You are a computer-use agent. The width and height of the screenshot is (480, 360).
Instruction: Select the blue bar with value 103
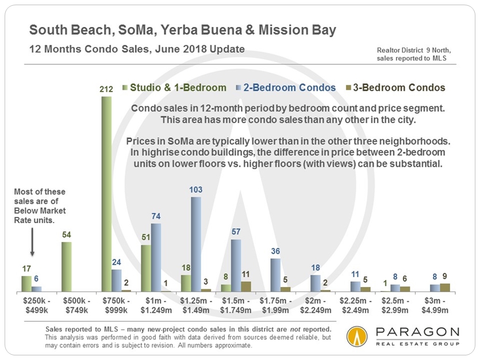[196, 244]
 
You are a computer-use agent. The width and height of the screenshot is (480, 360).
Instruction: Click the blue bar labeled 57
[236, 265]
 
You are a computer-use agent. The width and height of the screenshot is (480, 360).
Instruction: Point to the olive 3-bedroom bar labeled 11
[246, 286]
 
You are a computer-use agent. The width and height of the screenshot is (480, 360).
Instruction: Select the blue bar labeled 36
[276, 274]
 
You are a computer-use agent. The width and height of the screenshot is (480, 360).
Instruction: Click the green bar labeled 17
[26, 284]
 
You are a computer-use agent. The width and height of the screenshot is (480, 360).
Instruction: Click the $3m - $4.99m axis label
[436, 306]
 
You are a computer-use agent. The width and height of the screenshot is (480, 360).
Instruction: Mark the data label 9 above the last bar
[445, 275]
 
